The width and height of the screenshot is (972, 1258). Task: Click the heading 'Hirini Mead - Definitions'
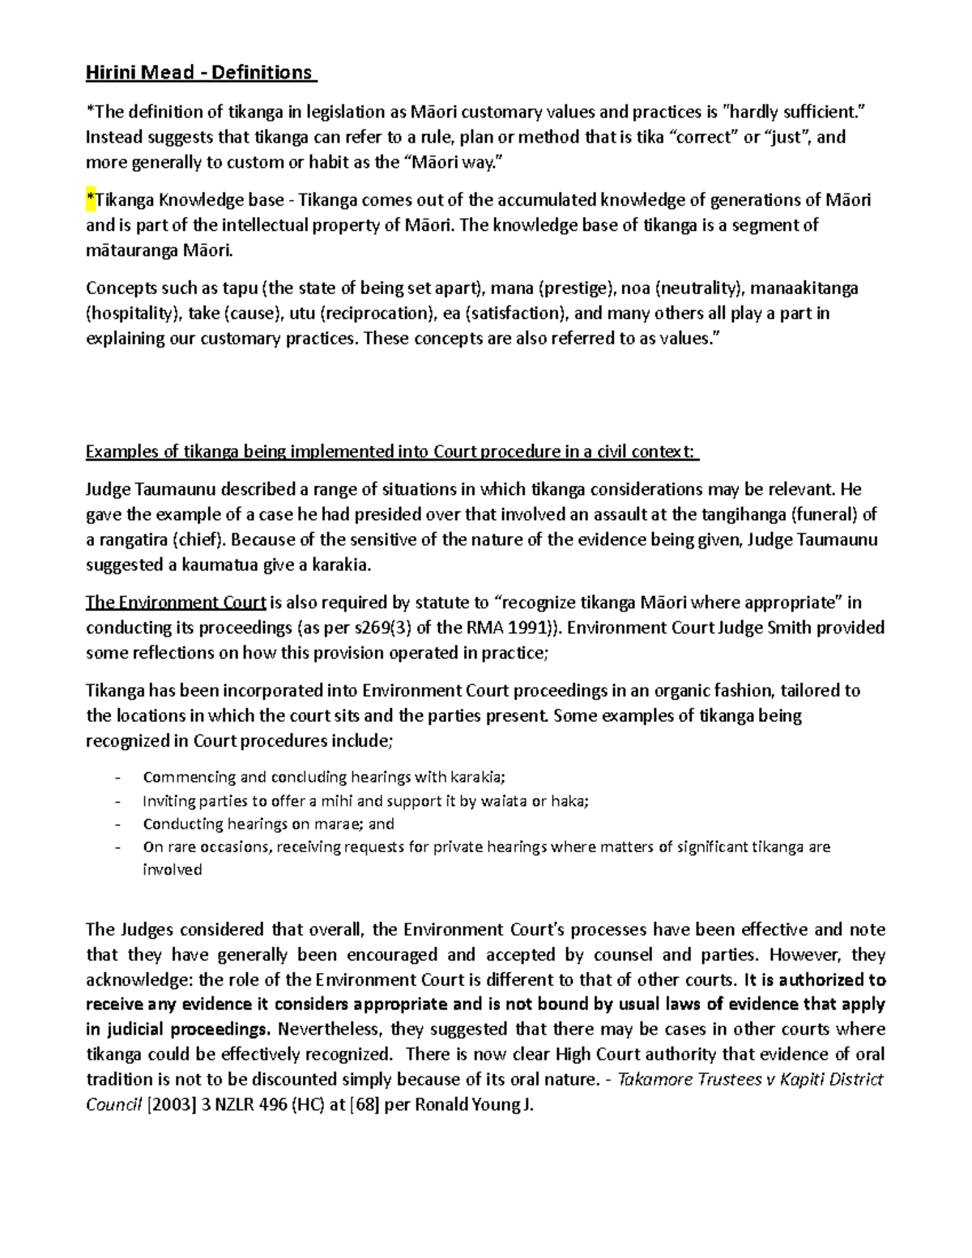click(x=199, y=73)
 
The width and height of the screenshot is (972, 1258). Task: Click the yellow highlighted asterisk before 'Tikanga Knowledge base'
click(x=90, y=200)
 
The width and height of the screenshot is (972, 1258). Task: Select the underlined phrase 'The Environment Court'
click(x=176, y=603)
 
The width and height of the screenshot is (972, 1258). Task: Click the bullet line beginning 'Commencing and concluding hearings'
click(x=323, y=778)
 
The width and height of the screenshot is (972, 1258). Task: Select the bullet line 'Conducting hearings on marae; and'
click(x=268, y=824)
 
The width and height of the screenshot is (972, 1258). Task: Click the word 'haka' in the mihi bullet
click(x=568, y=801)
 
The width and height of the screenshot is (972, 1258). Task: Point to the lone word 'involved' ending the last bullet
click(x=172, y=870)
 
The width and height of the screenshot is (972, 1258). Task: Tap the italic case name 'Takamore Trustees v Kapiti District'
click(x=749, y=1080)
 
